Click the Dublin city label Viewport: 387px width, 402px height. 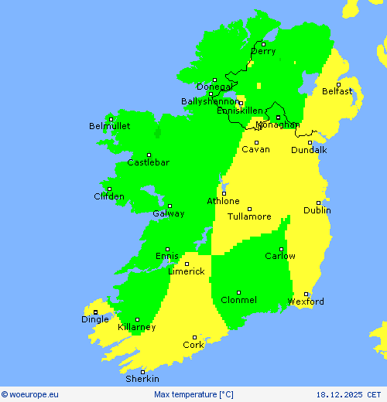tap(317, 210)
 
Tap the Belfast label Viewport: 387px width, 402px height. tap(337, 91)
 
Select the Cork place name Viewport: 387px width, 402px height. tap(193, 345)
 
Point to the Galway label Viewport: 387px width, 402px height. tap(168, 213)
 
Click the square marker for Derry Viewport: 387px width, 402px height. tap(263, 44)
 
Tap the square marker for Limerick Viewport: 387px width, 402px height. tap(187, 264)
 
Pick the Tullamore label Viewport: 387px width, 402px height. tap(249, 216)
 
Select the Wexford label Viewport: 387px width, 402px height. tap(306, 301)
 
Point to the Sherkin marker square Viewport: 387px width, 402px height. tap(142, 372)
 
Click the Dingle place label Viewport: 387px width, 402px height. tap(95, 319)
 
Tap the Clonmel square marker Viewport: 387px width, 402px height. tap(238, 292)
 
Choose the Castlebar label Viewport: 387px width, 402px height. tap(148, 162)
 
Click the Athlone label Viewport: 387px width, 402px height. tap(223, 201)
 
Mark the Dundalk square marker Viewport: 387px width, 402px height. tap(310, 142)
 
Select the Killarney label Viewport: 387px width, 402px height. tap(136, 327)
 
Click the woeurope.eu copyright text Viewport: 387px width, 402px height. tap(30, 394)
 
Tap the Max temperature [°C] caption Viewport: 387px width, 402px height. tap(193, 394)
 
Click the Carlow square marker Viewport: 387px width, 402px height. tap(281, 249)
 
